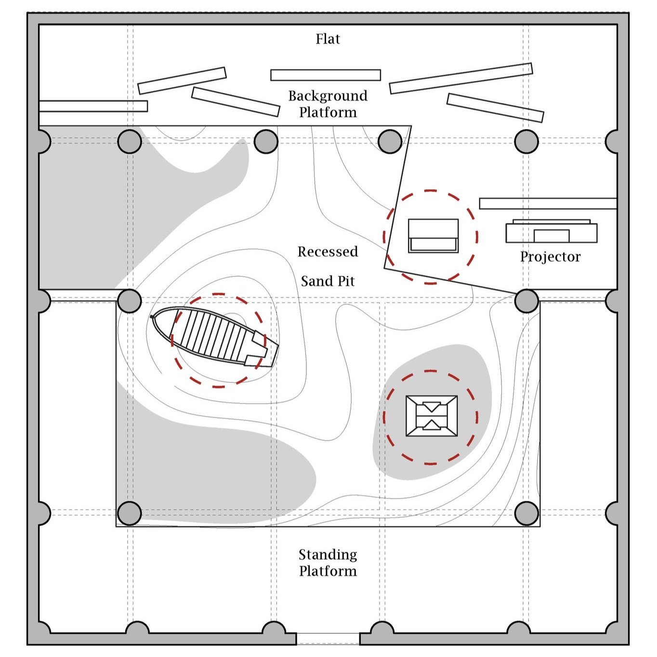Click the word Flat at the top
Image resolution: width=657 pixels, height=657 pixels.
click(x=328, y=39)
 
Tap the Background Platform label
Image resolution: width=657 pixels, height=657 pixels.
click(x=328, y=104)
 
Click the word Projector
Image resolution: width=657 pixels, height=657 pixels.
click(x=550, y=257)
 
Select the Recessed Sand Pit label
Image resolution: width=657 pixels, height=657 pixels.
click(x=328, y=266)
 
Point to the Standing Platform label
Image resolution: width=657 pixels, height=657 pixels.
click(x=328, y=563)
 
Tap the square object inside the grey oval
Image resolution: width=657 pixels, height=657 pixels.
click(x=432, y=416)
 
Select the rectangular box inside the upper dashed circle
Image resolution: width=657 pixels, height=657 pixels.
click(x=433, y=236)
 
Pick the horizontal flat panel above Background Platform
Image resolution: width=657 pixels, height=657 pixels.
click(x=325, y=75)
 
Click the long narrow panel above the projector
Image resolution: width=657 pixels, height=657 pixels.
click(x=548, y=203)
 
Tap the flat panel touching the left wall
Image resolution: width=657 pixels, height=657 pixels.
click(x=93, y=106)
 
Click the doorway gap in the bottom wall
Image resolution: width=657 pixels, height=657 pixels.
click(x=328, y=639)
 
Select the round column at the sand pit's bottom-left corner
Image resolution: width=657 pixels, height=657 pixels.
click(x=129, y=513)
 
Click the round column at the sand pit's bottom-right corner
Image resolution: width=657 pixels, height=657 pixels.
click(x=526, y=513)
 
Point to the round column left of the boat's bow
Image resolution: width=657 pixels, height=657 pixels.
click(x=129, y=301)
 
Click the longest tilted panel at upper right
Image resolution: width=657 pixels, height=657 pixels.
click(x=460, y=78)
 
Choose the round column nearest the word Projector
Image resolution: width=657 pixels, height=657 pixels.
click(x=526, y=301)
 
